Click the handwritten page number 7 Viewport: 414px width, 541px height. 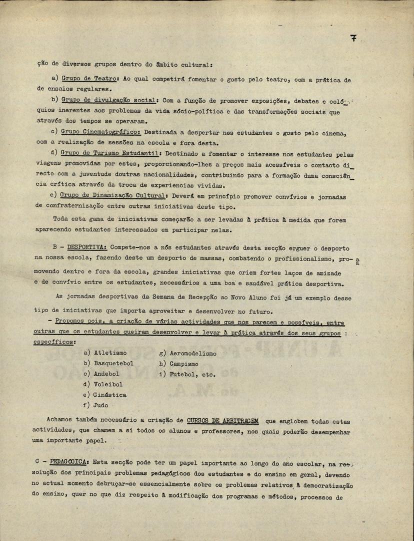(353, 38)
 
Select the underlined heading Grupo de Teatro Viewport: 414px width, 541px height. (89, 79)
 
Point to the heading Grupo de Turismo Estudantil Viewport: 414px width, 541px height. (110, 153)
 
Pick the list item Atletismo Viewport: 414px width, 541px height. (110, 353)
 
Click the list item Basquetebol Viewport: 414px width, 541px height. (113, 363)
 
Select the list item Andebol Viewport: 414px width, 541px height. (107, 374)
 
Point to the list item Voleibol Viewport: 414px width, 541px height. (108, 384)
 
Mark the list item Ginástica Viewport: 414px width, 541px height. (110, 395)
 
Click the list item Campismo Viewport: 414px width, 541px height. (183, 363)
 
